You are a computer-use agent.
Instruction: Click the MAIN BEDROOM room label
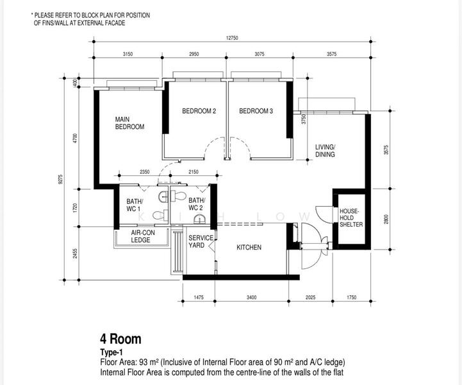[x=129, y=123]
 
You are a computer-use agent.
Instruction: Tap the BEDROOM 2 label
[x=199, y=111]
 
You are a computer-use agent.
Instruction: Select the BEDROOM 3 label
[x=256, y=111]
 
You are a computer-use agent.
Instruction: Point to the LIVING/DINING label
[x=326, y=151]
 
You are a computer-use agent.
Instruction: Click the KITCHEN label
[x=249, y=247]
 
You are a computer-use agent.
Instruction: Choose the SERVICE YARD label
[x=201, y=242]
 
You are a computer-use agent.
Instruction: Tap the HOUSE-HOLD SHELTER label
[x=351, y=218]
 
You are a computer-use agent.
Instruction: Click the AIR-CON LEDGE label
[x=143, y=236]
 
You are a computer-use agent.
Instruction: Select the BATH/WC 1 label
[x=135, y=205]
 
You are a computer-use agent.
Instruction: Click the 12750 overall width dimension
[x=232, y=38]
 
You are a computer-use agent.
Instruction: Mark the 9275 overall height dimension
[x=61, y=179]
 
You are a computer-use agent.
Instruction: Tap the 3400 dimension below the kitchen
[x=251, y=297]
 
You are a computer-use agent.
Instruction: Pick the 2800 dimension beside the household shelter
[x=386, y=219]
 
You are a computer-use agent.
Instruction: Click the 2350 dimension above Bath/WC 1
[x=144, y=172]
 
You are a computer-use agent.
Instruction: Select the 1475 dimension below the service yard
[x=199, y=297]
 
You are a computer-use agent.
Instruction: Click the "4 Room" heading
[x=120, y=339]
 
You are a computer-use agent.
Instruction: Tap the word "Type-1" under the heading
[x=111, y=352]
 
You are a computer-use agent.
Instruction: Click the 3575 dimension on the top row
[x=331, y=54]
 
